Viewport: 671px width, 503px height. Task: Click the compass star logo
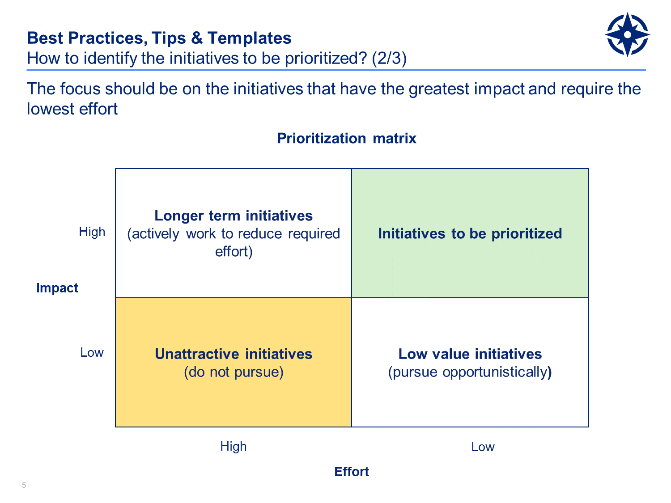tap(627, 34)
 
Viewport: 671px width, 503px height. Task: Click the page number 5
tap(24, 485)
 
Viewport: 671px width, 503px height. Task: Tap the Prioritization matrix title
tap(346, 138)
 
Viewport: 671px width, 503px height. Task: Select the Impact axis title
tap(57, 287)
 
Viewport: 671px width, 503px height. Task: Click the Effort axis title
tap(352, 472)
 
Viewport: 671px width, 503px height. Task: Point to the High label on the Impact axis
tap(92, 232)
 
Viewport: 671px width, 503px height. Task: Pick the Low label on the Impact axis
tap(92, 352)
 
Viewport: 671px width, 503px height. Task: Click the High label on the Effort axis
tap(233, 447)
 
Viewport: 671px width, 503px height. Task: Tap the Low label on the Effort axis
tap(483, 447)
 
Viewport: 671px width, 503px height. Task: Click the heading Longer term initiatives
tap(234, 216)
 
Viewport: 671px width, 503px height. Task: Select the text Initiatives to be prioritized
tap(470, 234)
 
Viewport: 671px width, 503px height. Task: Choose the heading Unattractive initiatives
tap(234, 354)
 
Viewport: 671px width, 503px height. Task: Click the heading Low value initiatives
tap(470, 354)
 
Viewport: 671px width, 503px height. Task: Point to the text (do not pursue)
tap(234, 372)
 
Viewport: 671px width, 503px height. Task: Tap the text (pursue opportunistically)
tap(470, 372)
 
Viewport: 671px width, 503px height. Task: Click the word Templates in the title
tap(250, 38)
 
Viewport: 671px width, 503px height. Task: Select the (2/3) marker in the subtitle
tap(389, 58)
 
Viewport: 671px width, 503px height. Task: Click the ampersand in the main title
tap(197, 38)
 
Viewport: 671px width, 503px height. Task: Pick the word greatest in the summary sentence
tap(439, 89)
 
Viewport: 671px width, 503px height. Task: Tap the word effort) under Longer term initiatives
tap(234, 252)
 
